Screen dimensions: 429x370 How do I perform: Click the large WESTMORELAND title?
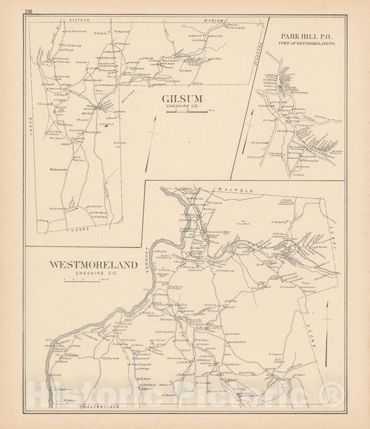[x=92, y=264]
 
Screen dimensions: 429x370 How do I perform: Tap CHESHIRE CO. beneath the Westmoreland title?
[x=93, y=274]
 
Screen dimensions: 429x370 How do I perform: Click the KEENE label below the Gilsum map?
[x=78, y=227]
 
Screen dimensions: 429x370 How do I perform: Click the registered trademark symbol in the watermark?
[x=333, y=396]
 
